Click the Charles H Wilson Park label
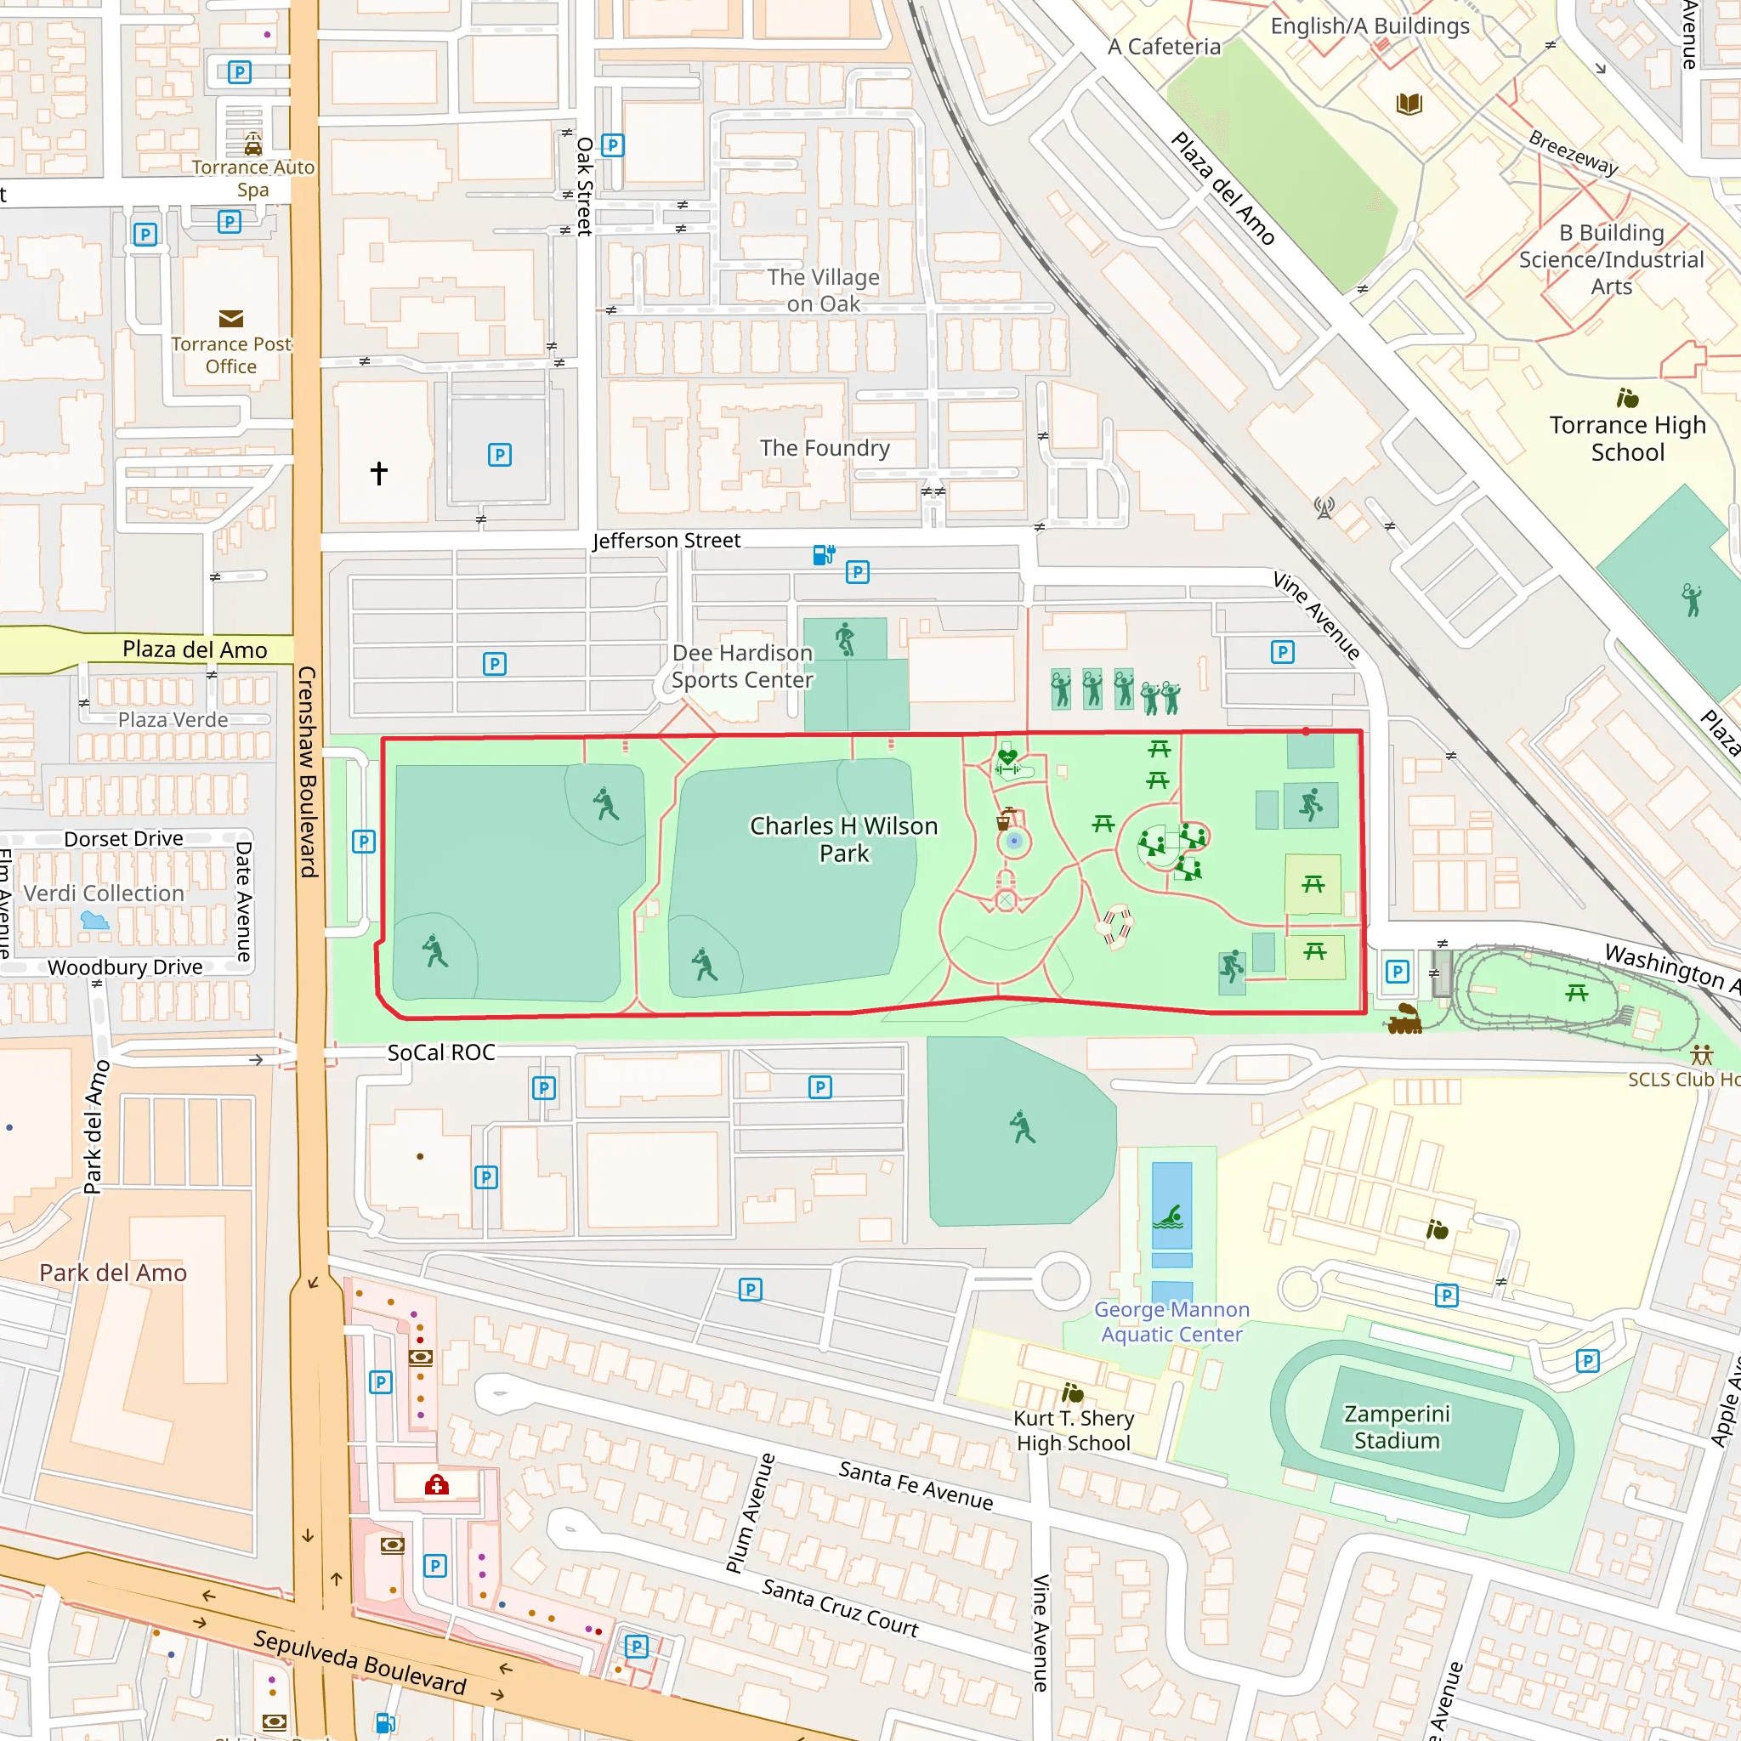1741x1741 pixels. tap(843, 839)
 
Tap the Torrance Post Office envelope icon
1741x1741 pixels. tap(230, 319)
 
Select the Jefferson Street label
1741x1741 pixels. tap(666, 541)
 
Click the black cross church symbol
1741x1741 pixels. tap(378, 474)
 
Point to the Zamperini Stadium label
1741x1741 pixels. tap(1397, 1426)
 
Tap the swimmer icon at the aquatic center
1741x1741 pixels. tap(1171, 1217)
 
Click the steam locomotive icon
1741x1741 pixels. tap(1405, 1019)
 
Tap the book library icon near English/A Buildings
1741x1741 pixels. tap(1409, 104)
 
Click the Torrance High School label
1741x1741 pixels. tap(1627, 438)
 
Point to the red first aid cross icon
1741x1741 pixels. tap(437, 1485)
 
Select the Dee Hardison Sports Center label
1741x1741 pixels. tap(741, 666)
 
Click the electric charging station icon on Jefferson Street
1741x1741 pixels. tap(824, 554)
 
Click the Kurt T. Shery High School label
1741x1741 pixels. tap(1074, 1430)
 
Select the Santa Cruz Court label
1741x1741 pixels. tap(840, 1608)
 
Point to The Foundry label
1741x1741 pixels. tap(825, 448)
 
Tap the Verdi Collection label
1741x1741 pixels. tap(104, 893)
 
